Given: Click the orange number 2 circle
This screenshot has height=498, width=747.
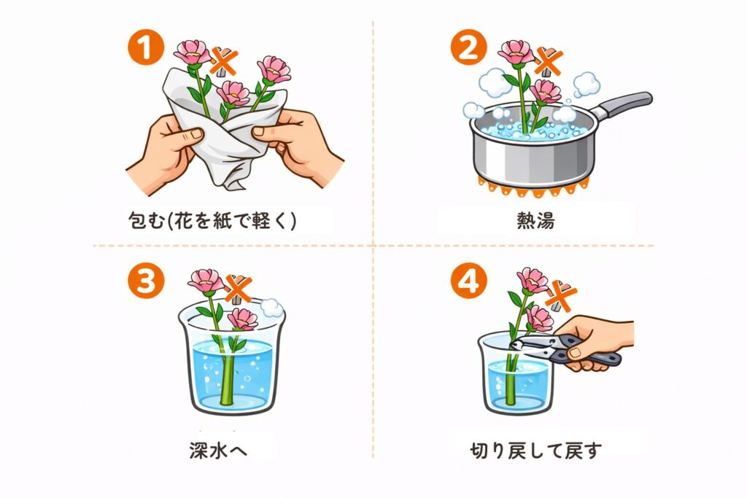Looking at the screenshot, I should click(x=468, y=49).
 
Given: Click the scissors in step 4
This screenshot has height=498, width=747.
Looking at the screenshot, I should click(x=562, y=349).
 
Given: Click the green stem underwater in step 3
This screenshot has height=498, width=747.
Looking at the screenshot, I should click(x=226, y=379).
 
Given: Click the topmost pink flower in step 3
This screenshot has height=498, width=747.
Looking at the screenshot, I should click(x=205, y=281).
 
